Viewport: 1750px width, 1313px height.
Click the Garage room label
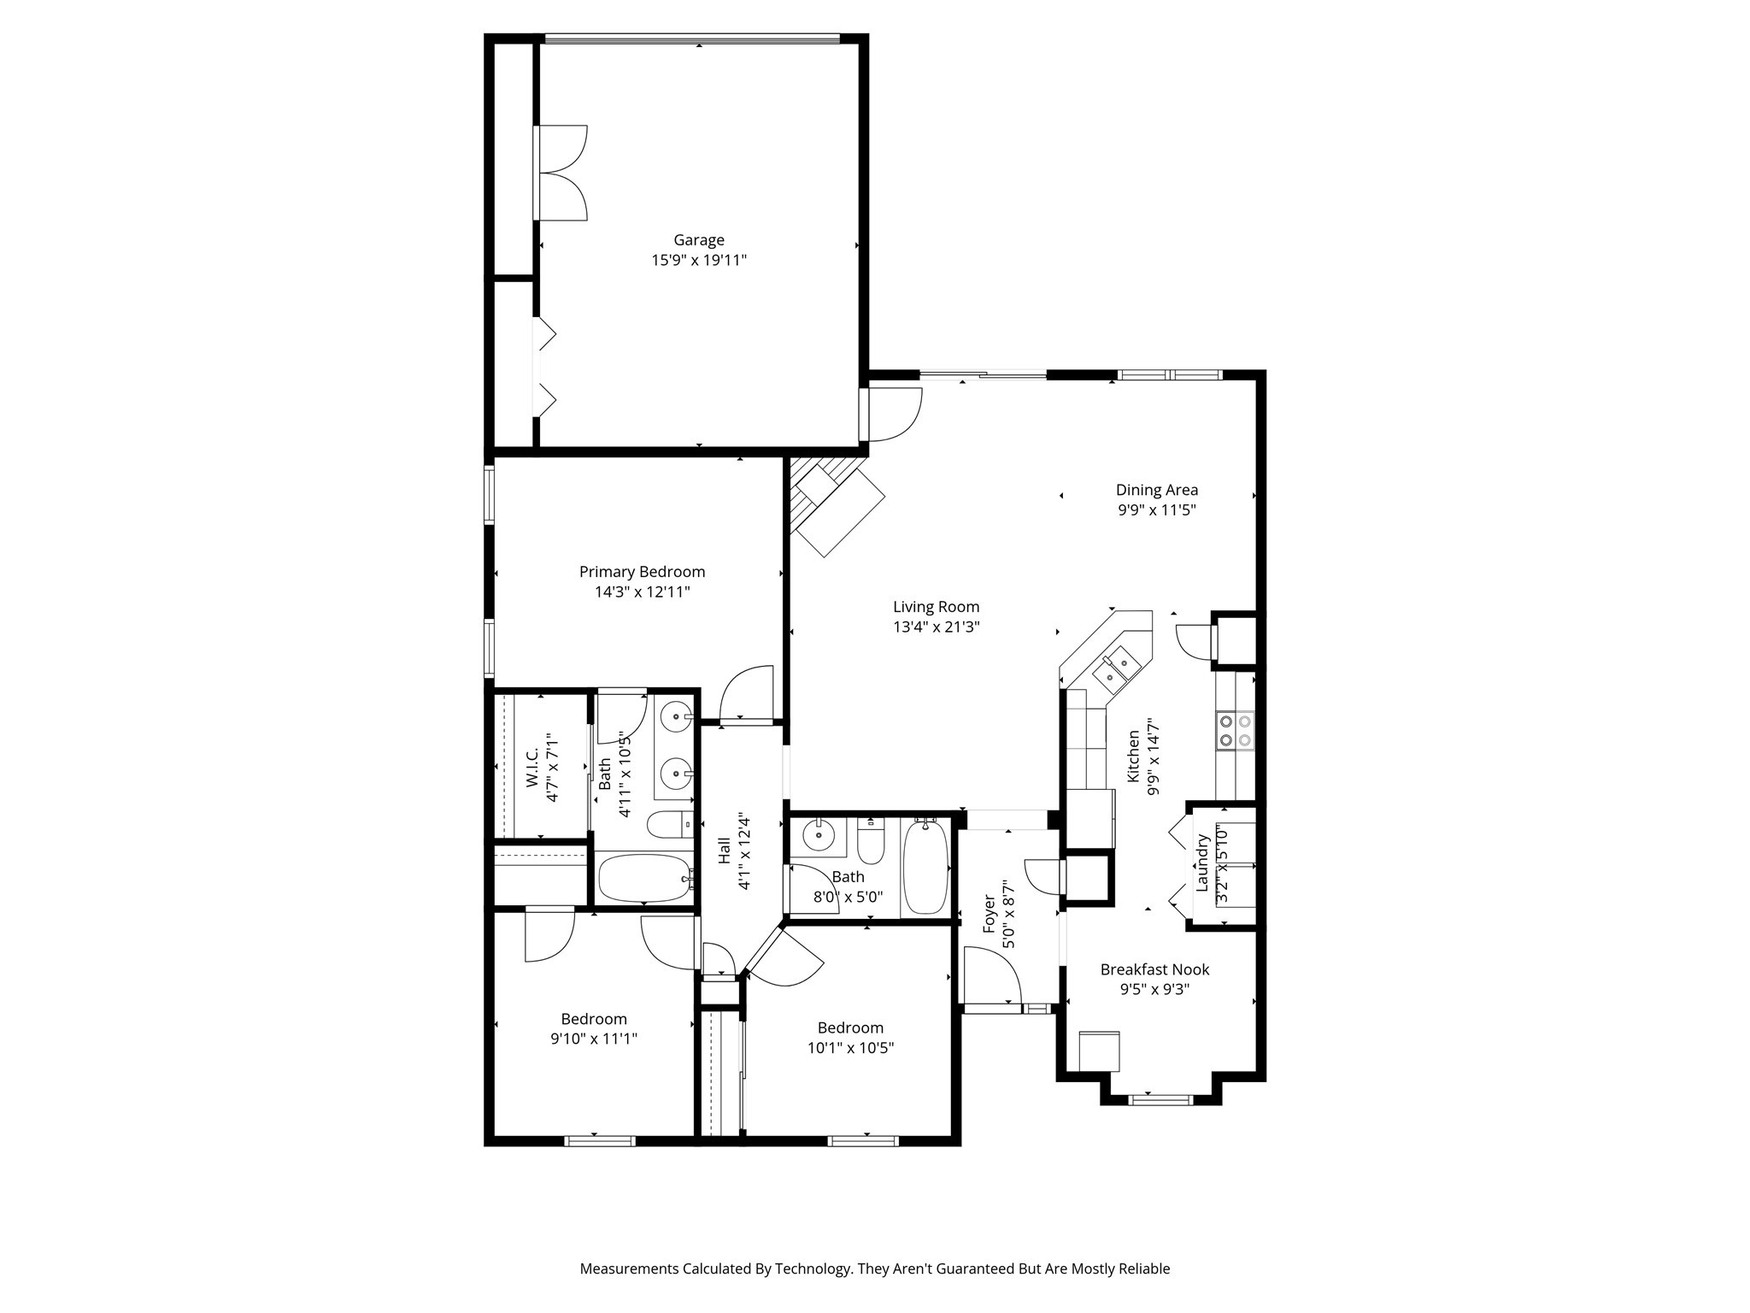pos(698,240)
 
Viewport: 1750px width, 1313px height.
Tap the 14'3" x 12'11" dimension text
pos(642,592)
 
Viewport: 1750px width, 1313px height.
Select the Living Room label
pos(936,607)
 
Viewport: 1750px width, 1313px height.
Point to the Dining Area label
pos(1156,490)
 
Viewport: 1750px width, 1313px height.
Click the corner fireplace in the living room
pos(833,505)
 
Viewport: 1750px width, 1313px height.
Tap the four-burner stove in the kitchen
pos(1235,731)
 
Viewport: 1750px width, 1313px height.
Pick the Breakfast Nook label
pos(1154,969)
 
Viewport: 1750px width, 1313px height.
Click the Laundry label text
pos(1202,863)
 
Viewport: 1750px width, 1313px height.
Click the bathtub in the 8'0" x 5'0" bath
pos(925,866)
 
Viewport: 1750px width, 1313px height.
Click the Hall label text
pos(724,850)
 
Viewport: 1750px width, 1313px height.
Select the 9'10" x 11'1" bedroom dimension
pos(594,1039)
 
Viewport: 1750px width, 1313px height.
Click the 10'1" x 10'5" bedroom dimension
pos(850,1047)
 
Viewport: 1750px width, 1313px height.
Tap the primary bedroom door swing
pos(747,694)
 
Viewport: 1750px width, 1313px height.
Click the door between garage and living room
pos(894,415)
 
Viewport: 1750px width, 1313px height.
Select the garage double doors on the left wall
pos(561,174)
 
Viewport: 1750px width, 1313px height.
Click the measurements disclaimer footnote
pos(874,1269)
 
